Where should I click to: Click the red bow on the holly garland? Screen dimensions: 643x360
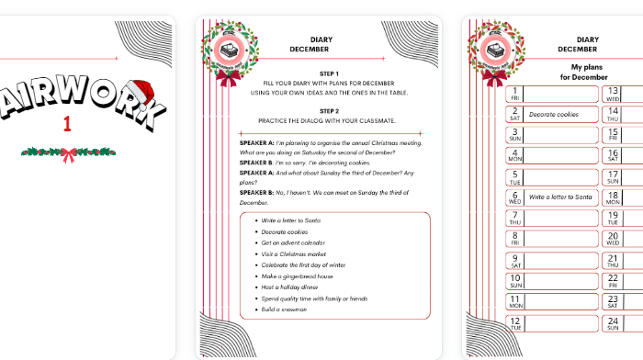click(69, 153)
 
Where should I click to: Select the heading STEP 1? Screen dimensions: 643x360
click(329, 73)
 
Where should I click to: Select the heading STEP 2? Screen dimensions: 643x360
click(329, 110)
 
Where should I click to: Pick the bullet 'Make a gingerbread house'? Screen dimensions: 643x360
click(297, 276)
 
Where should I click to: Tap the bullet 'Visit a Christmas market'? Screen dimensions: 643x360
click(294, 253)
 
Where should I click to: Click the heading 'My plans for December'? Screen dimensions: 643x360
click(577, 72)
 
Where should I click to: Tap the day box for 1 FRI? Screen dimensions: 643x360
click(515, 93)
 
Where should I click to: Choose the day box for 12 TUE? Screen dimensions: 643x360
click(515, 323)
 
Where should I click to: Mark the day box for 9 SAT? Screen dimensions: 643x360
click(515, 260)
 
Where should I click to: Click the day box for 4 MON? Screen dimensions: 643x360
click(515, 155)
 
